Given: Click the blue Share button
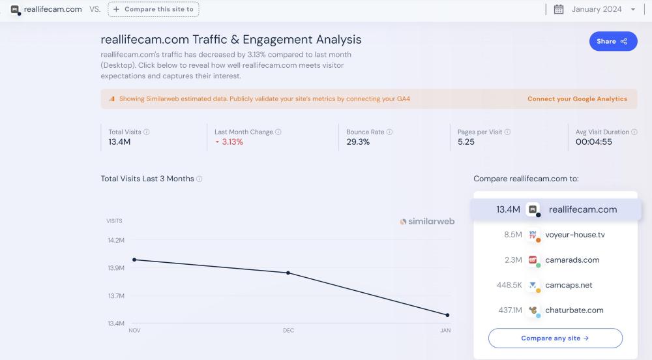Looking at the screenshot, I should tap(613, 41).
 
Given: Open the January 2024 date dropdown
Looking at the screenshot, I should tap(595, 9).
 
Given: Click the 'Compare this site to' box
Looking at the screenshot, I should tap(153, 9).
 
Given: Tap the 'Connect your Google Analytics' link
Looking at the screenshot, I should tap(577, 99).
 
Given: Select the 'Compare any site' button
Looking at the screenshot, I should tap(555, 338).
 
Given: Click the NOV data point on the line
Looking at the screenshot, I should tap(134, 260).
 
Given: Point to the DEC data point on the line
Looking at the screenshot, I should tap(288, 273).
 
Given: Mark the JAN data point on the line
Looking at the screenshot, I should tap(447, 315).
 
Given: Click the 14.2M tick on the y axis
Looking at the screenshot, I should tap(116, 241).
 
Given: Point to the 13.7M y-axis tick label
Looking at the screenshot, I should tap(116, 296).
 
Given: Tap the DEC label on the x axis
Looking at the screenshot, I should tap(288, 331).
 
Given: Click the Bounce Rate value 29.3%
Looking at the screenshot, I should tap(358, 142).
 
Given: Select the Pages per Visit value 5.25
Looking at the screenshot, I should tap(466, 142).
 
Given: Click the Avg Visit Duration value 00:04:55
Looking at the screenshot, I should tap(593, 142).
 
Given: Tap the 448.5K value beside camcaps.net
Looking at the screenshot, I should tap(509, 285).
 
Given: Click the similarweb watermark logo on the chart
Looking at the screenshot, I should tap(427, 222).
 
